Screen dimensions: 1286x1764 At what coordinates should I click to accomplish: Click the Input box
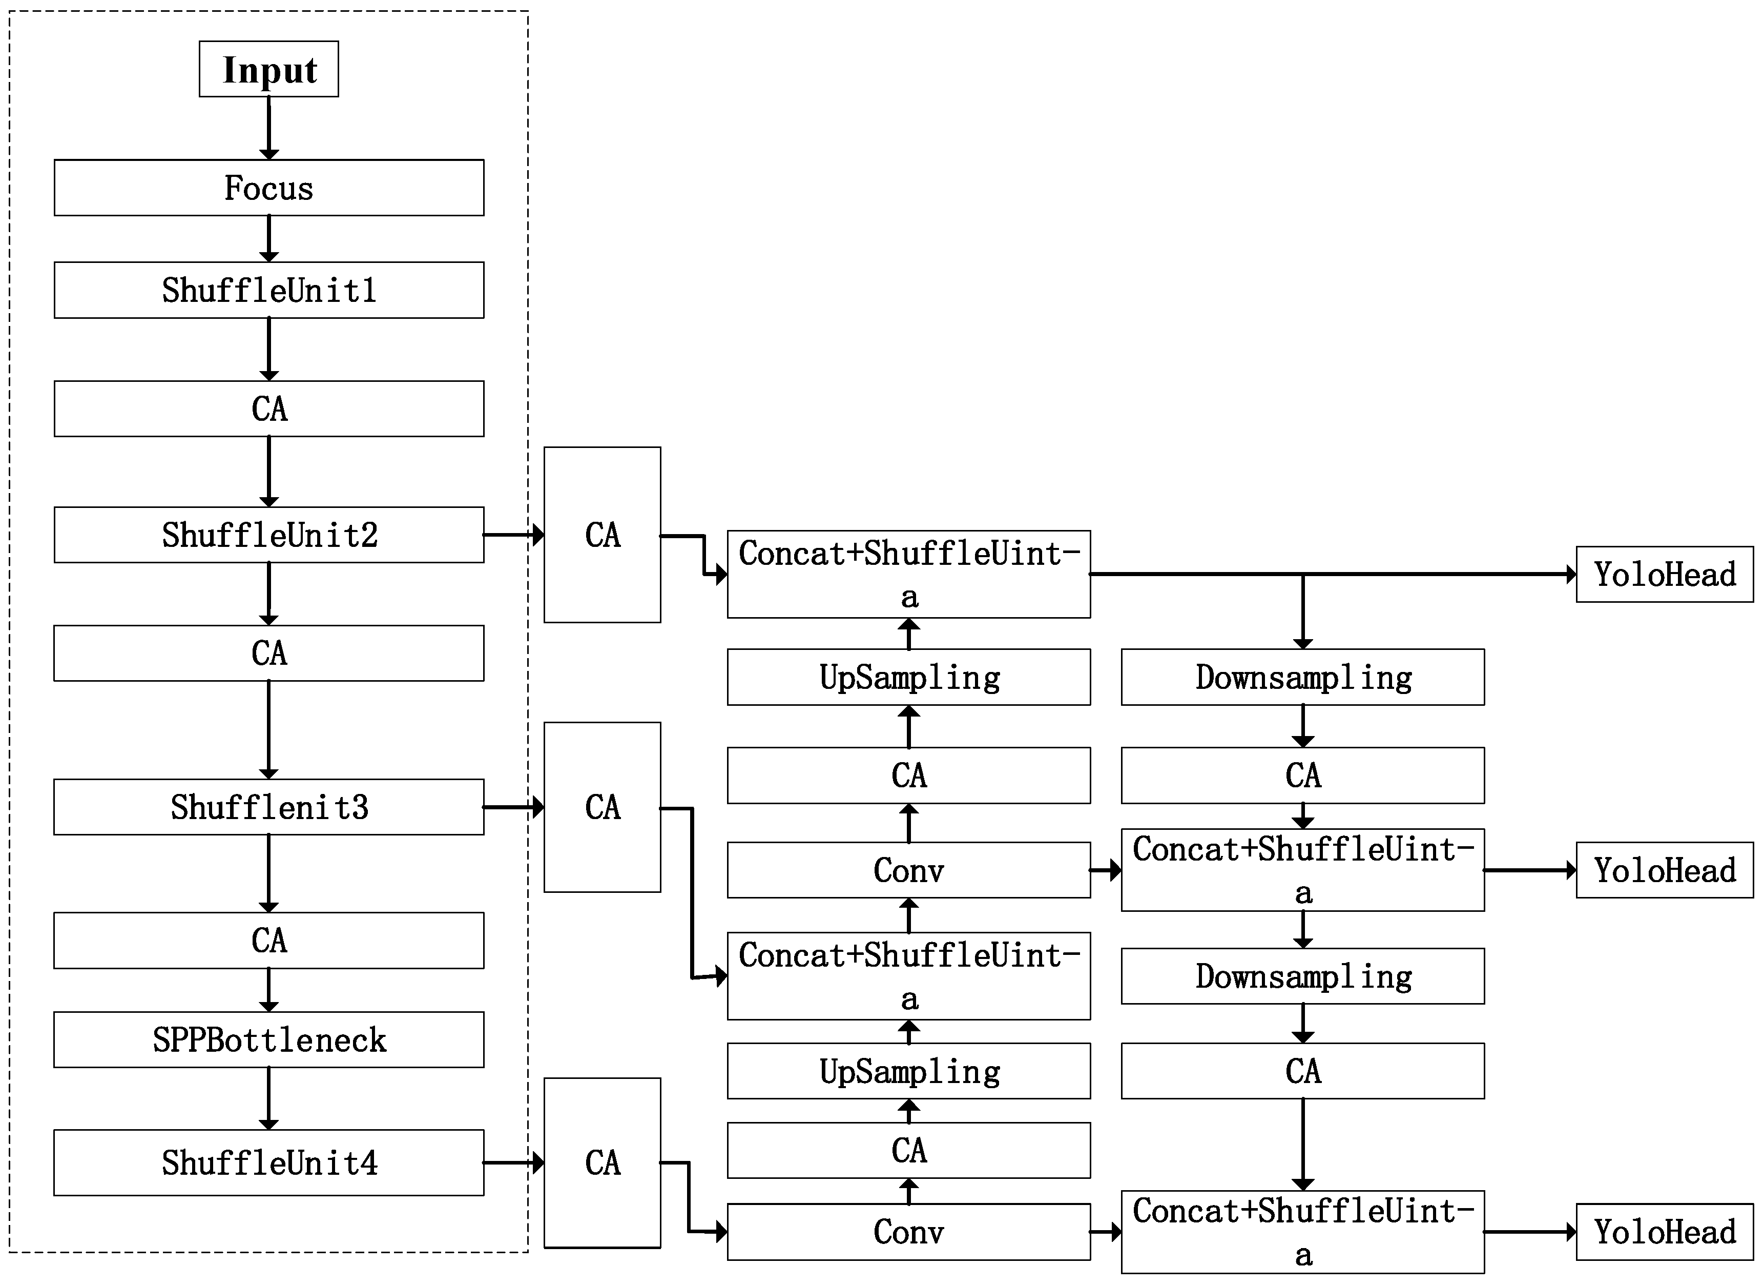[x=268, y=69]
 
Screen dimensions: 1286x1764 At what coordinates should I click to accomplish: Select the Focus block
[x=268, y=188]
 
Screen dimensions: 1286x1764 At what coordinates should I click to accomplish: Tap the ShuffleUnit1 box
[x=268, y=290]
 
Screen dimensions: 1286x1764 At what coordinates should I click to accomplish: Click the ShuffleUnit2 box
[x=268, y=535]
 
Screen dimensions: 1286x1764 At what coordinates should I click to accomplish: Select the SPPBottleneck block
[x=268, y=1039]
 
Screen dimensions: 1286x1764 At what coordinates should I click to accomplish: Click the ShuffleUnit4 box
[x=268, y=1162]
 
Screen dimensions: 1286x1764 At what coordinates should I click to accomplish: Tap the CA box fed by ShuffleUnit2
[x=603, y=535]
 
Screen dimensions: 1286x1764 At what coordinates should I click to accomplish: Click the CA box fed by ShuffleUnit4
[x=603, y=1162]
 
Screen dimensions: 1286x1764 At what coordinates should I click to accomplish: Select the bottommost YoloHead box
[x=1665, y=1232]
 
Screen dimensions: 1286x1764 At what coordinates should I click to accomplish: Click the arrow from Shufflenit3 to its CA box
[x=513, y=807]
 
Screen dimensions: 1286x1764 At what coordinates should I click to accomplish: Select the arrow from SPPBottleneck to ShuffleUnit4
[x=268, y=1097]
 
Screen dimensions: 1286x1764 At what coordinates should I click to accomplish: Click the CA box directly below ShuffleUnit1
[x=268, y=409]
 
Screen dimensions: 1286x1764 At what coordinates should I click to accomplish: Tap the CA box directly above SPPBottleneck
[x=268, y=941]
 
